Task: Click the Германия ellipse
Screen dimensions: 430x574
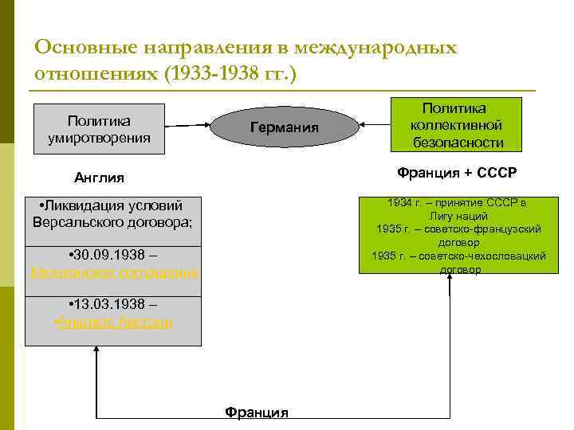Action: (284, 127)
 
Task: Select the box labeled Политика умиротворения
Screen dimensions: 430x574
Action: (98, 129)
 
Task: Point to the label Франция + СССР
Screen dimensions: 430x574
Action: (458, 173)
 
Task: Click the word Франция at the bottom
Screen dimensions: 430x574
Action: (256, 412)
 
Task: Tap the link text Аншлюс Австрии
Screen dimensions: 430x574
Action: (113, 322)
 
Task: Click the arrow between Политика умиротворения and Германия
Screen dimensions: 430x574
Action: (189, 125)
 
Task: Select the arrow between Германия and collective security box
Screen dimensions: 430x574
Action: (375, 124)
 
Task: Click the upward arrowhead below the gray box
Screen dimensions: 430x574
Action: (96, 354)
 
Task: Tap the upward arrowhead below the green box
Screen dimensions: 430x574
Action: (450, 282)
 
